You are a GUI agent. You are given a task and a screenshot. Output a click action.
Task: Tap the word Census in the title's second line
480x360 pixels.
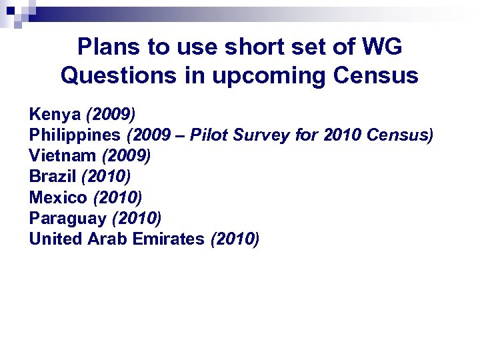click(377, 75)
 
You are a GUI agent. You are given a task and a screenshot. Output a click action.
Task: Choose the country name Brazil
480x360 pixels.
click(53, 177)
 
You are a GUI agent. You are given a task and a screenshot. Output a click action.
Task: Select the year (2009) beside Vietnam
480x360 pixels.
click(126, 156)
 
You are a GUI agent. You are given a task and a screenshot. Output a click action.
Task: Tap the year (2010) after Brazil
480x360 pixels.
click(106, 177)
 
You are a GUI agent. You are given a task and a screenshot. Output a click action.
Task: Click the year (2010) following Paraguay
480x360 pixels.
click(137, 218)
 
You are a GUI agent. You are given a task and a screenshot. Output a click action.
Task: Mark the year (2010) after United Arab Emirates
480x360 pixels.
click(235, 238)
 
